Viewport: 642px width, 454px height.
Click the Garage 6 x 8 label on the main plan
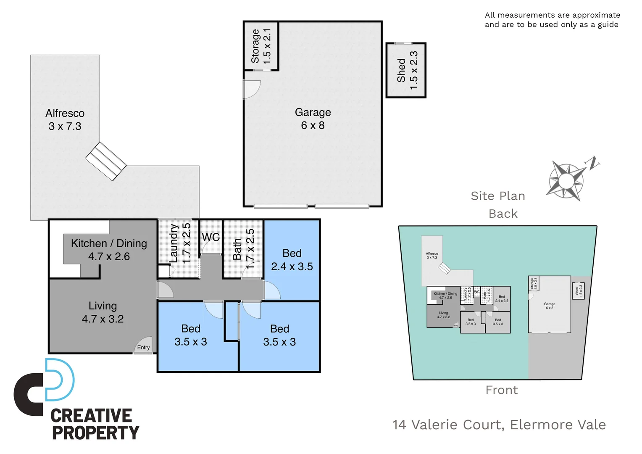pos(313,119)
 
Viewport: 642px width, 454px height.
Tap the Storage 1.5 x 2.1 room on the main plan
pos(261,46)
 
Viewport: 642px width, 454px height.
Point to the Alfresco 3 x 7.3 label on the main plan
pos(65,120)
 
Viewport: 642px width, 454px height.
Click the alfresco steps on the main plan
pos(105,161)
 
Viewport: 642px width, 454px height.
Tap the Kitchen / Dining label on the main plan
pos(109,250)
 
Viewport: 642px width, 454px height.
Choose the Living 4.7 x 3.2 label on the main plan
pos(103,312)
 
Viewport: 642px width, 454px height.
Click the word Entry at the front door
pos(143,347)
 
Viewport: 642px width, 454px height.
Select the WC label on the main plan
pos(210,237)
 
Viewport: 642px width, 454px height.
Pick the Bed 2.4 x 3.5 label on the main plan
pos(292,260)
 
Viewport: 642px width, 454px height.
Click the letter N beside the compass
pos(593,163)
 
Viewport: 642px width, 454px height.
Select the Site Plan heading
pos(498,196)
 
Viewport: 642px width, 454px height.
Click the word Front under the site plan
pos(502,390)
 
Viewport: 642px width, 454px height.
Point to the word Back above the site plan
pos(503,214)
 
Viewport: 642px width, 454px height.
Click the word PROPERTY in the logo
pos(95,433)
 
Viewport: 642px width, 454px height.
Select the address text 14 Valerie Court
pos(448,425)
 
